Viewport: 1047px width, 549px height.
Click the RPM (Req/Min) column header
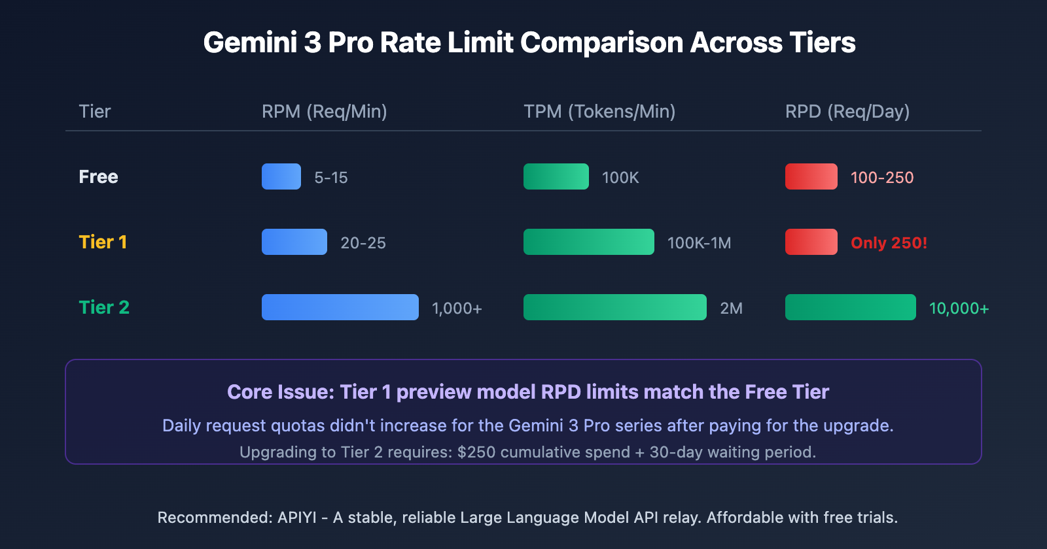point(324,112)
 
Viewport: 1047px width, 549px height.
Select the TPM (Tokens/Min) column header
point(599,112)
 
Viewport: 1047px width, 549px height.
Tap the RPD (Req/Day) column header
point(847,112)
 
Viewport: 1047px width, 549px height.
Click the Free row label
point(98,177)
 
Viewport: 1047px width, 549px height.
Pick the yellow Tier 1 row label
point(103,242)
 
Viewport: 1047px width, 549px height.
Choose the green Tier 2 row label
point(104,308)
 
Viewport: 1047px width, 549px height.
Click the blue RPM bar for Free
point(281,176)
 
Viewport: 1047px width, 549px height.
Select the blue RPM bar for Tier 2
point(340,307)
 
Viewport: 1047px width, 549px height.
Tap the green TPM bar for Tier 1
point(588,242)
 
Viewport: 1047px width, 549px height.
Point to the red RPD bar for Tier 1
point(811,242)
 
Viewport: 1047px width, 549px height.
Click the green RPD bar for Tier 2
point(850,307)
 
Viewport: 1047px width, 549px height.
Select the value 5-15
point(330,178)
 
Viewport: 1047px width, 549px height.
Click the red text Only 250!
point(889,243)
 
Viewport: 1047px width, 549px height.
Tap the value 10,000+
point(959,308)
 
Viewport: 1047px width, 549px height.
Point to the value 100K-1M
point(699,243)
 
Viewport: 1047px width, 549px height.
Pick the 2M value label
point(731,308)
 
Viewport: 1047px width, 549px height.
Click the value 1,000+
point(457,308)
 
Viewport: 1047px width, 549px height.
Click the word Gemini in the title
point(250,43)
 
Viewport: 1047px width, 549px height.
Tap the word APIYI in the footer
point(296,518)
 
